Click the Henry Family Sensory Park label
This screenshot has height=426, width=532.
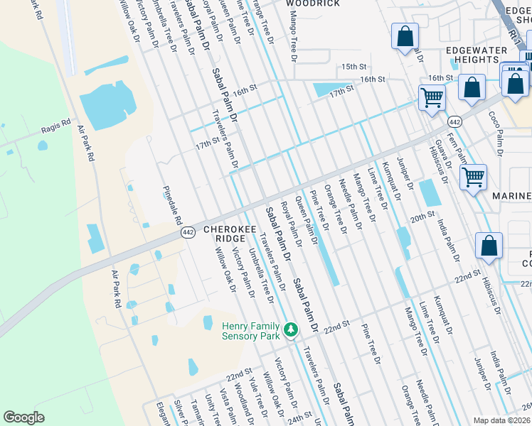pos(251,331)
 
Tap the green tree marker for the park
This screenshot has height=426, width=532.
pos(290,330)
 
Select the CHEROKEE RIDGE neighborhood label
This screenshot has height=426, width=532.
pos(225,234)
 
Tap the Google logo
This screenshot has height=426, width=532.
pos(24,417)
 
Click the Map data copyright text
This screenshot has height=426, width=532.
pos(501,420)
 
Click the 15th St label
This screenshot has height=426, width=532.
pos(353,66)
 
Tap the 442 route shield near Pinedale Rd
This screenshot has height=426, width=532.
pos(188,232)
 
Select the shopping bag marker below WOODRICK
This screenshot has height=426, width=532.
pos(405,37)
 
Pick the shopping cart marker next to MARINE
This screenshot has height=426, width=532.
pos(473,177)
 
